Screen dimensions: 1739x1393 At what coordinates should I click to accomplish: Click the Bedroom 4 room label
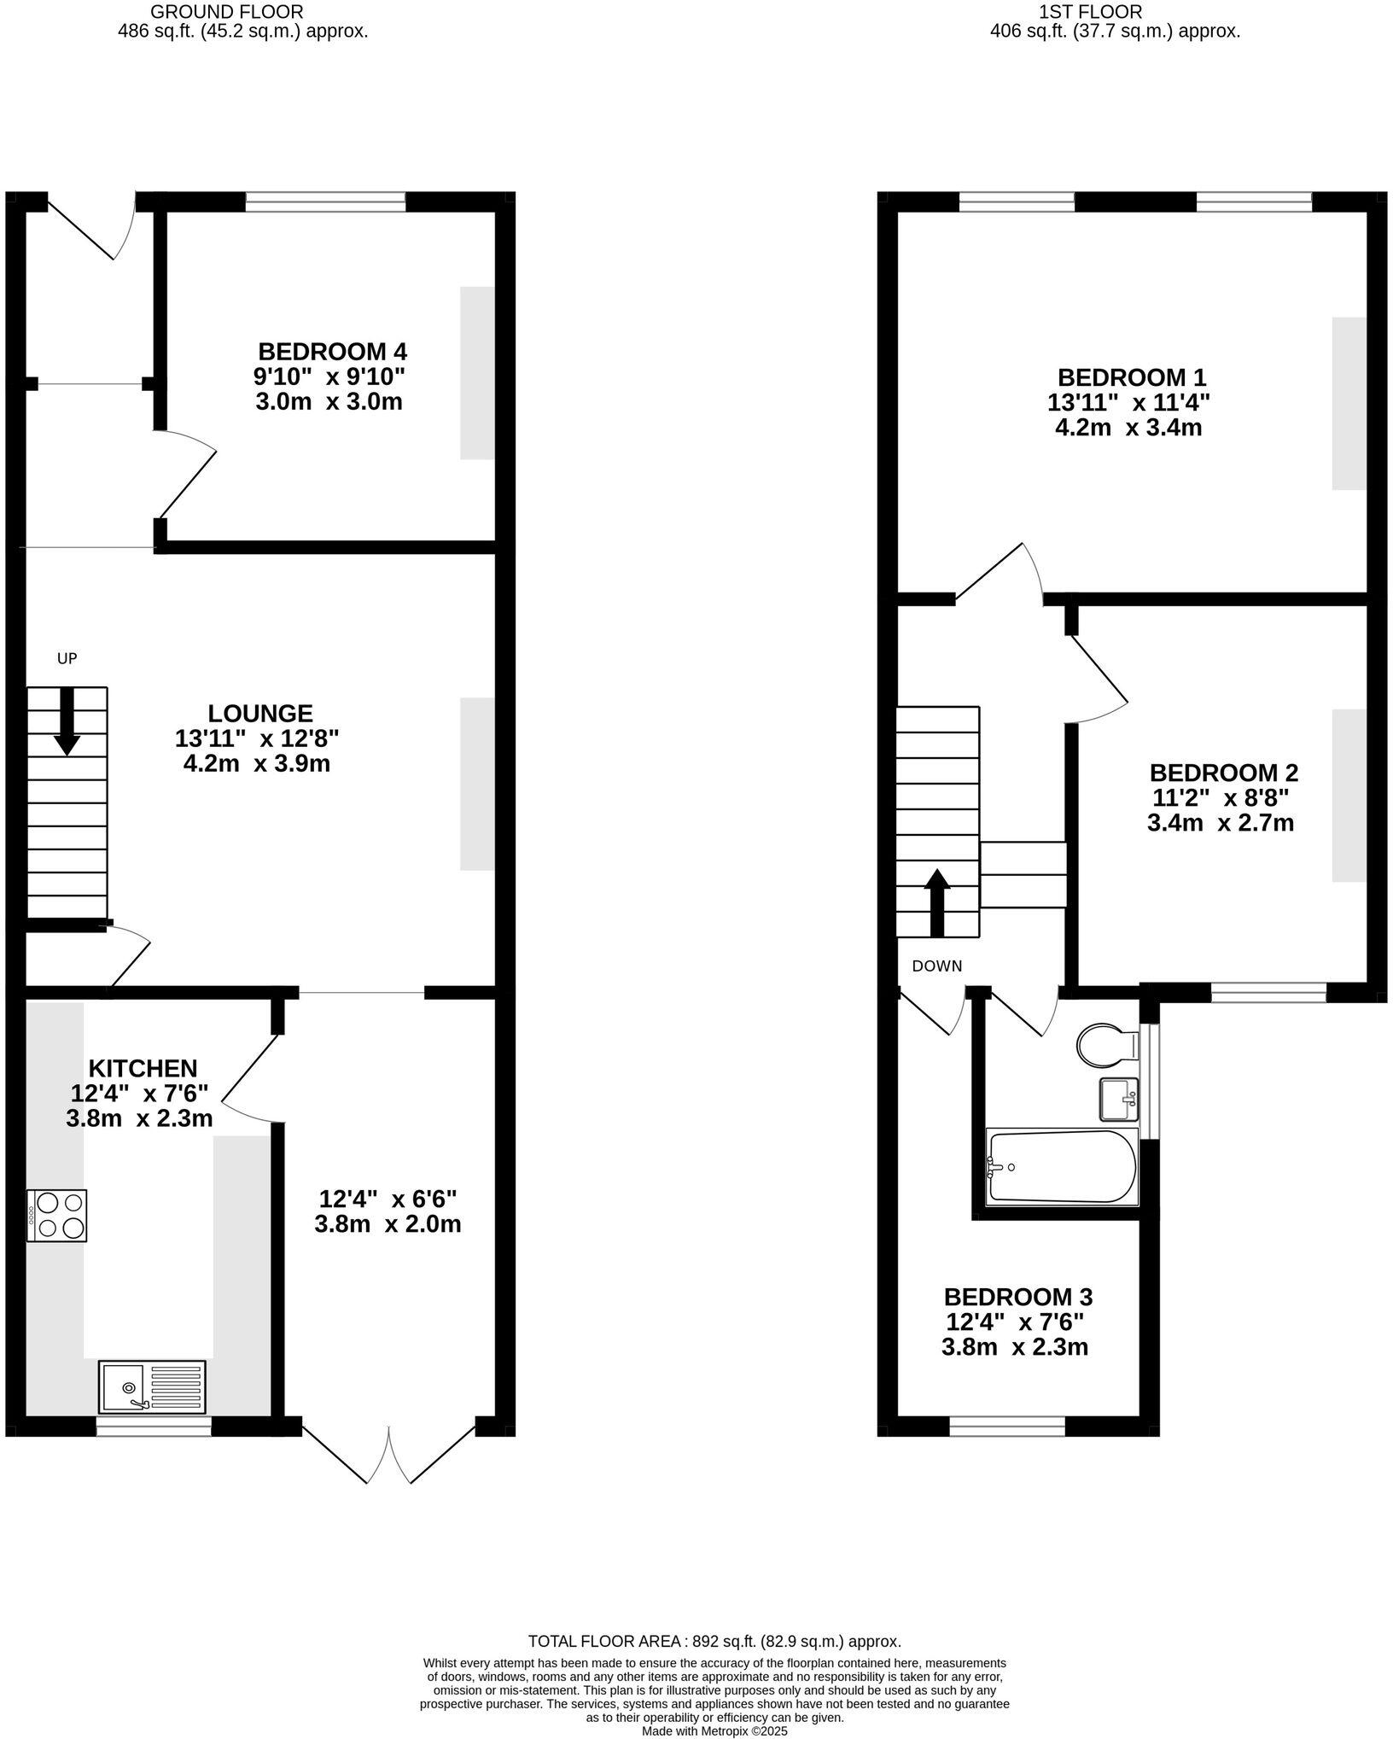(x=332, y=352)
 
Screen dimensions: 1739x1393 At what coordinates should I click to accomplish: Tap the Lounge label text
(x=259, y=714)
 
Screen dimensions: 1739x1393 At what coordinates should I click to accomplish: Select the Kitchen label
(x=143, y=1068)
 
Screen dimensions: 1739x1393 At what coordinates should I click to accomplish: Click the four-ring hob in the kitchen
(x=56, y=1215)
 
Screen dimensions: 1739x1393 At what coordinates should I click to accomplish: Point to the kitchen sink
(x=152, y=1386)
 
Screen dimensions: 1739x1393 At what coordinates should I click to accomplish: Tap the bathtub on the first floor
(x=1061, y=1166)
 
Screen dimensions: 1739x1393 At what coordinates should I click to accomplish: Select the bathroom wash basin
(x=1118, y=1100)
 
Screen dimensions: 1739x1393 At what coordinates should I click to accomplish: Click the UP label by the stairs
(x=67, y=658)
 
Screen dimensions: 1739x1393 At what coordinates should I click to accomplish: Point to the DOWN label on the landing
(x=936, y=966)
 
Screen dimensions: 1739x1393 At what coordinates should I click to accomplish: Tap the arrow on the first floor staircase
(x=936, y=902)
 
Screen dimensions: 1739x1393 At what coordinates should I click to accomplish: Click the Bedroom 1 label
(x=1131, y=377)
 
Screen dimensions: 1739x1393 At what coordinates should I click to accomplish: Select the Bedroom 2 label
(x=1223, y=773)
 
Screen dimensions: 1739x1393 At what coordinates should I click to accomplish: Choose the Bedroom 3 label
(x=1017, y=1298)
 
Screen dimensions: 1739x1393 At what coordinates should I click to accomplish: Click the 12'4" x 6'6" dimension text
(x=388, y=1199)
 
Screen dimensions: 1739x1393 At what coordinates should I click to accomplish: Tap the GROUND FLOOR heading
(x=225, y=12)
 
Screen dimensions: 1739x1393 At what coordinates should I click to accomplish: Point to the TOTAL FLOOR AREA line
(x=714, y=1641)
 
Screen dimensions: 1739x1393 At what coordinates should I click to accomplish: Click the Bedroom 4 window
(x=325, y=201)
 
